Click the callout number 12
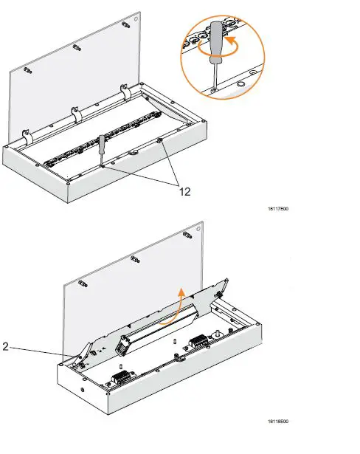coord(185,190)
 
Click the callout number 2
coord(6,344)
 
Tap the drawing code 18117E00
coord(277,210)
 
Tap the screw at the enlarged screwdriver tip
coord(213,89)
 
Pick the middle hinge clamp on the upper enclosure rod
coord(74,114)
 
